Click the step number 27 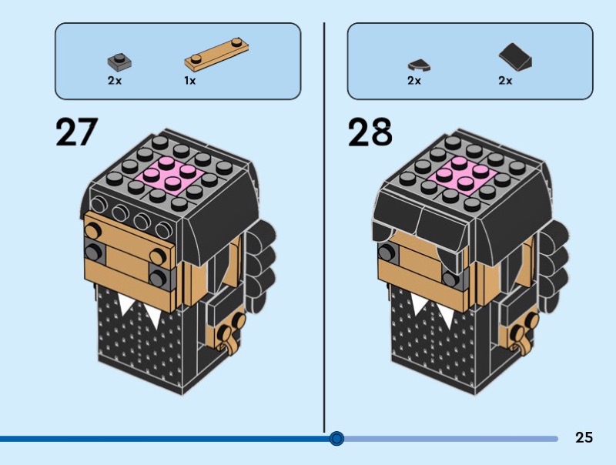(76, 132)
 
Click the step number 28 (370, 132)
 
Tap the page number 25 (584, 437)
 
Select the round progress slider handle (336, 438)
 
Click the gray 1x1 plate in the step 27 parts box (119, 61)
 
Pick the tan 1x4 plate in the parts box (216, 54)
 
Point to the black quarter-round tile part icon (419, 65)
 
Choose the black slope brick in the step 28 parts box (515, 57)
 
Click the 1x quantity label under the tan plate (189, 81)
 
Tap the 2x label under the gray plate (115, 81)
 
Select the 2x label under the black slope (505, 81)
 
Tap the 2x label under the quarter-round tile (414, 81)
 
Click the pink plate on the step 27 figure (169, 176)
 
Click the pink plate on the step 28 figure (463, 176)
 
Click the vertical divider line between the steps (324, 228)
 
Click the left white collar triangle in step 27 (126, 303)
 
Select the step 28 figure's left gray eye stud (387, 253)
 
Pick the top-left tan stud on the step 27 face (92, 231)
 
